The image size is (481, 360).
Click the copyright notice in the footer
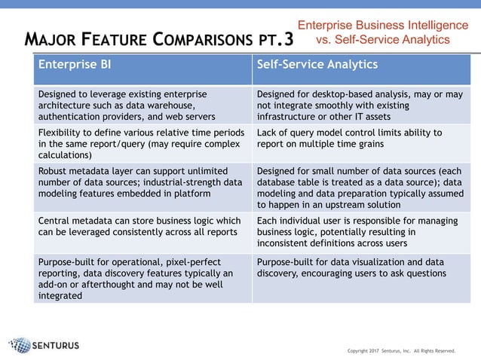401,350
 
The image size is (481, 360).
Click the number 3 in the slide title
289,37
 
